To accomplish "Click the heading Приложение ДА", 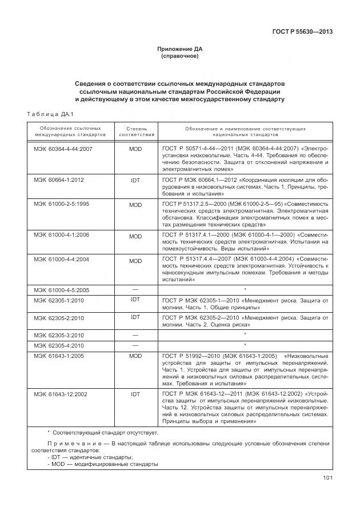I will tap(180, 49).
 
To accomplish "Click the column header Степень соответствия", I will tap(135, 132).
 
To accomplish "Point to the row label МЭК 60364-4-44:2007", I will tap(63, 148).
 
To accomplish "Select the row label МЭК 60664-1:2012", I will tap(59, 180).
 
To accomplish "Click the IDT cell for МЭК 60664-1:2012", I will tap(135, 180).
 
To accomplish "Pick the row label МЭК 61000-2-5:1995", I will tap(61, 204).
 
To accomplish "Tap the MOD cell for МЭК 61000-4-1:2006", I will tap(135, 236).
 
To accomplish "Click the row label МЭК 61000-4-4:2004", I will tap(61, 260).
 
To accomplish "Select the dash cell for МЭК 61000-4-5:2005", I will tap(135, 289).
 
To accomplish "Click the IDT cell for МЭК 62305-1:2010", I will tap(135, 299).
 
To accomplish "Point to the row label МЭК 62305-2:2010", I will tap(59, 318).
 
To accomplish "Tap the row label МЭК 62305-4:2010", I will tap(59, 346).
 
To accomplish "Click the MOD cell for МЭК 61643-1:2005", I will tap(135, 356).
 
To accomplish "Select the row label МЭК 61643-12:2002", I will tap(61, 395).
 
